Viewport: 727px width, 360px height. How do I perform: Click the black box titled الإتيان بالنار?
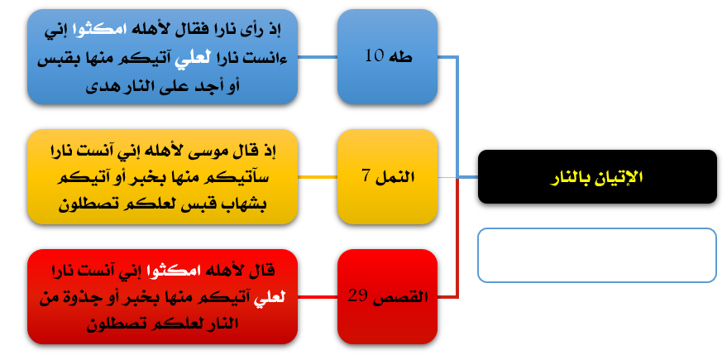click(597, 177)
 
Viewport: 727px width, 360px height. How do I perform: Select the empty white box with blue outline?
click(597, 255)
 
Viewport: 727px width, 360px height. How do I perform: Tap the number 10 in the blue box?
click(375, 56)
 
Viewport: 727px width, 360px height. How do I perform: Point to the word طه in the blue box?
click(401, 56)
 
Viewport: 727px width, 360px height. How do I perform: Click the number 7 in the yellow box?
click(366, 177)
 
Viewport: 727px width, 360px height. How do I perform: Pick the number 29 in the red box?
click(358, 296)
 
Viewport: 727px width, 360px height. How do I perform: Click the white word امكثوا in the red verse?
click(176, 271)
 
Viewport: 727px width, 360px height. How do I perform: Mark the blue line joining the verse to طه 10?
click(318, 57)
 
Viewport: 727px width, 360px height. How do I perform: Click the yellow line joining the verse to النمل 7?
click(318, 177)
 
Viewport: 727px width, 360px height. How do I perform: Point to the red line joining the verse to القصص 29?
click(318, 297)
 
